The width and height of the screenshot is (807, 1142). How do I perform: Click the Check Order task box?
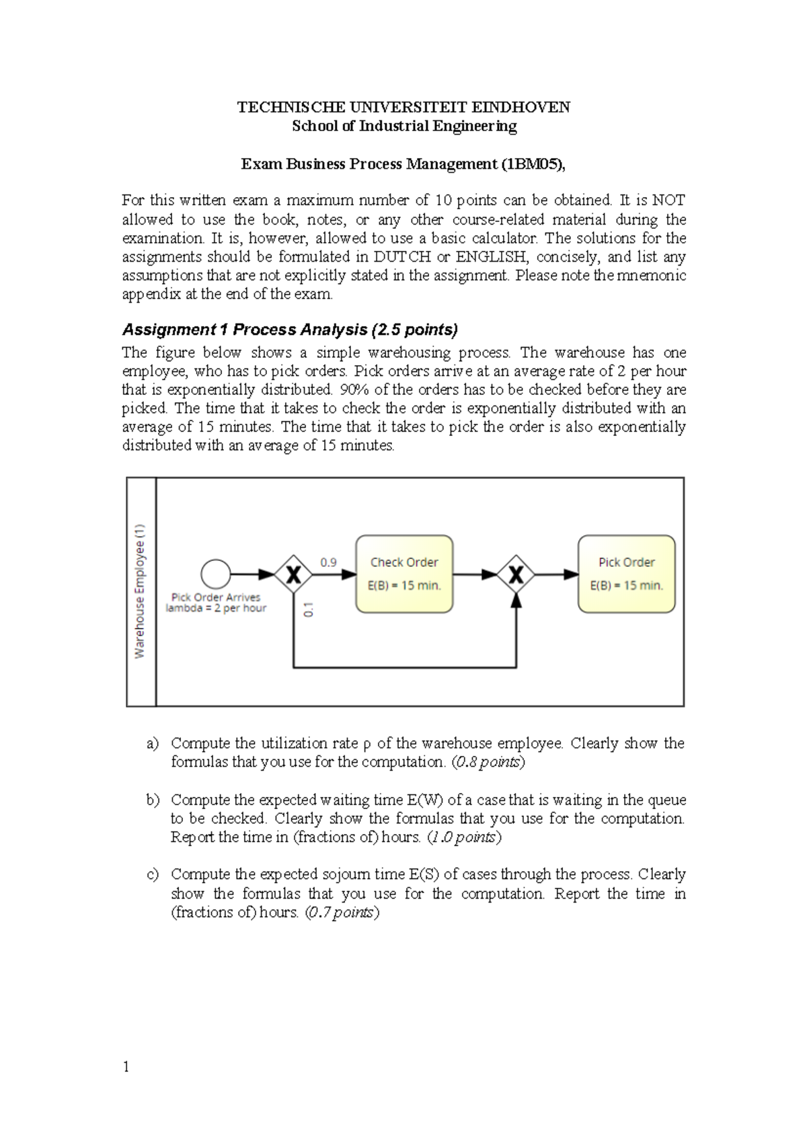click(404, 574)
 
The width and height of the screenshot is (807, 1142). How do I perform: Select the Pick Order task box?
click(626, 574)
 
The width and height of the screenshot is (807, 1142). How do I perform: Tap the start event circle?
click(216, 574)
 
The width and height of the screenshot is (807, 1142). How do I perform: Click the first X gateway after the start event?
click(293, 574)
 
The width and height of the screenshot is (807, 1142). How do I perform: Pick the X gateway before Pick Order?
click(516, 574)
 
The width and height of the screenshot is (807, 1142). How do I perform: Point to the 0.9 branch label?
click(328, 562)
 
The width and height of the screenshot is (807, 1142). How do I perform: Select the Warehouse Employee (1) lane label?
click(141, 591)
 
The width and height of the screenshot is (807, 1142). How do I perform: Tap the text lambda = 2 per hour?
click(216, 608)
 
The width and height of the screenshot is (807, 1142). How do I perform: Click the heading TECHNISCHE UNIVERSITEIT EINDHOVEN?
click(403, 108)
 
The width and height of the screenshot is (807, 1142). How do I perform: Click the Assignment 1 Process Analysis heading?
click(289, 330)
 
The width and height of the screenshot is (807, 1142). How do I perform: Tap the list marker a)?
click(153, 744)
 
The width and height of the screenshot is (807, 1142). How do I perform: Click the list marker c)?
click(153, 875)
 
